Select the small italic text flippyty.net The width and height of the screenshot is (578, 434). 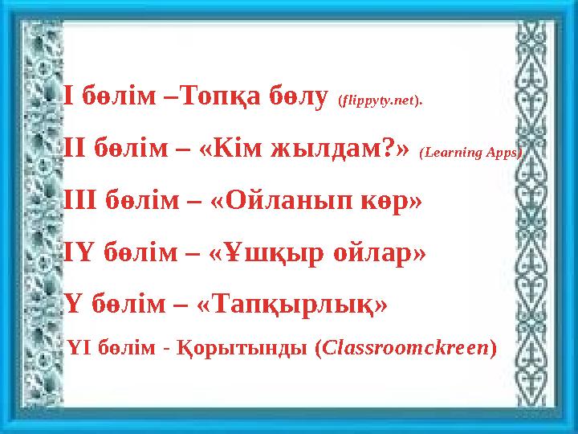pos(381,102)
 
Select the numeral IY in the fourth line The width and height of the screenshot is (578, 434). pos(77,252)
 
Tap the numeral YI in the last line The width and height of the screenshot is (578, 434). pos(83,350)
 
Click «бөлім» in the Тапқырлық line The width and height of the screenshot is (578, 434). pos(121,305)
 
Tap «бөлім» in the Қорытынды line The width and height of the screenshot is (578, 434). pos(130,350)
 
